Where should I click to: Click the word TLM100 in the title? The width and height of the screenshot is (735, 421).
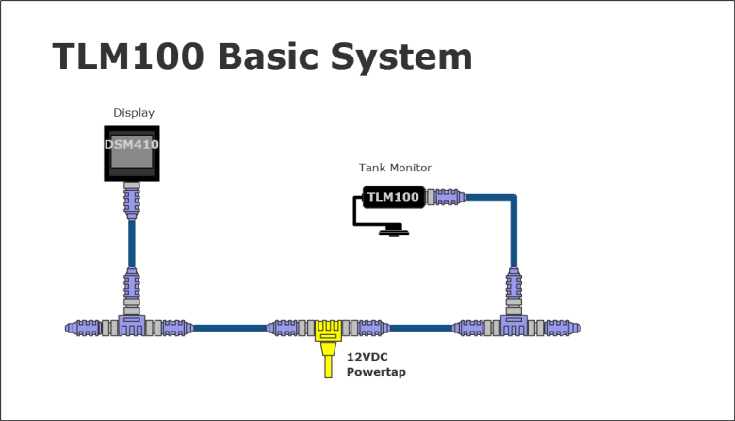128,57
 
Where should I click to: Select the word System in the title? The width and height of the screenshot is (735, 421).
409,57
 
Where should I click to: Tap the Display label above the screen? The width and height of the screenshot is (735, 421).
133,113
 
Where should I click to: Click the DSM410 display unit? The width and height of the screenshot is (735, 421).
131,153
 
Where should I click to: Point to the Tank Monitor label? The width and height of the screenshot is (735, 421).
395,168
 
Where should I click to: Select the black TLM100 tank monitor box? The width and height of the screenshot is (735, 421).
391,197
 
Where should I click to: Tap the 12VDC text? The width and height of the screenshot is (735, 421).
366,358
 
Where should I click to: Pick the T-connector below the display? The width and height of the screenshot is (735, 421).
132,326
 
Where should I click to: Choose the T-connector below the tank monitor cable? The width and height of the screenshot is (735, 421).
514,326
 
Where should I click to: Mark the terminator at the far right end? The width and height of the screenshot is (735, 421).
565,328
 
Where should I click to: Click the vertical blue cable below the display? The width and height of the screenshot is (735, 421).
132,244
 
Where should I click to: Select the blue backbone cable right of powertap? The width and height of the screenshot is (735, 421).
420,328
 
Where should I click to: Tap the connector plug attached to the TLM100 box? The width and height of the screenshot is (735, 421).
444,197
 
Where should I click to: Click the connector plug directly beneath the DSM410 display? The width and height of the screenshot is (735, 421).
132,201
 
